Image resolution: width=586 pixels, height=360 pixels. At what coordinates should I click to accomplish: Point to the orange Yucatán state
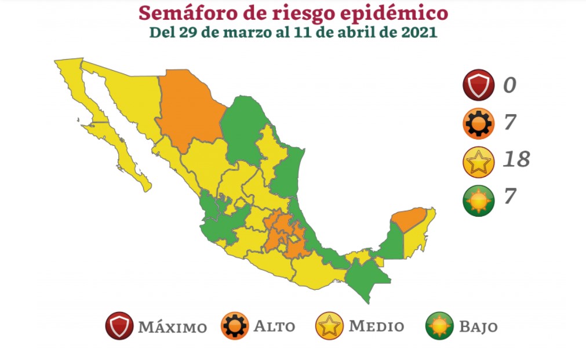click(x=409, y=219)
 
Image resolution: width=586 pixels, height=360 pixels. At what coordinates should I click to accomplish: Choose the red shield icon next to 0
click(x=478, y=85)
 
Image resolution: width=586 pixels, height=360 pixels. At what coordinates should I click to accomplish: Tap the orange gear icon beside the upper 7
click(x=478, y=123)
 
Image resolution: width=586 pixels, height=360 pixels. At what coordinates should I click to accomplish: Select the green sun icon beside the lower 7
click(x=478, y=198)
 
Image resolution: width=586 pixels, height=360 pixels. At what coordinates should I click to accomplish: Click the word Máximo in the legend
click(x=172, y=326)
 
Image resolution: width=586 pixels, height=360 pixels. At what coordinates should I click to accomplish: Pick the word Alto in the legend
click(x=274, y=326)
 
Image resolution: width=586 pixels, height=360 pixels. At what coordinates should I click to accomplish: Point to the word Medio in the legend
click(x=376, y=326)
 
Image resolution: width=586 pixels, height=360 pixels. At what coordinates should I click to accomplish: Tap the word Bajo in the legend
click(x=478, y=326)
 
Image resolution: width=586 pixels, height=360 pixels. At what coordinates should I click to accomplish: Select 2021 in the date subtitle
click(x=418, y=32)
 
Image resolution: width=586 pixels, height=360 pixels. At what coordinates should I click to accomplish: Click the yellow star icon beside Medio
click(x=329, y=326)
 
